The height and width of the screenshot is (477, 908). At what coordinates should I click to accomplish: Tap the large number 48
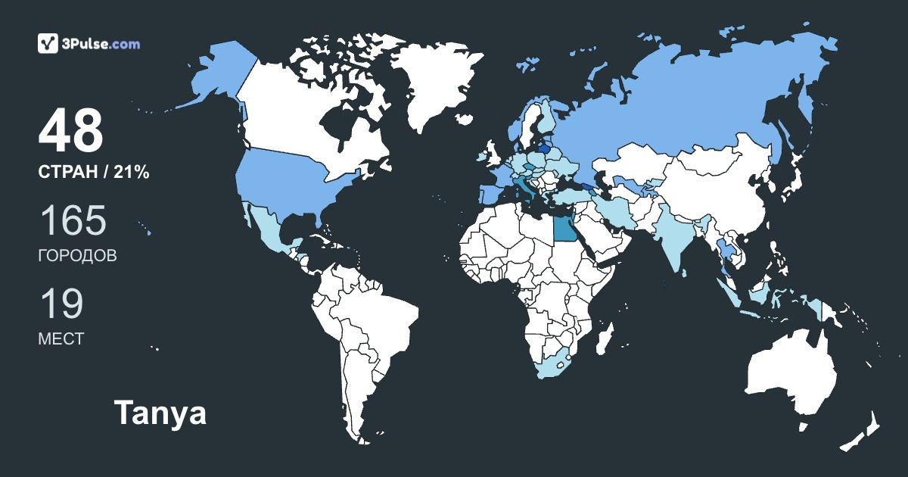tap(70, 132)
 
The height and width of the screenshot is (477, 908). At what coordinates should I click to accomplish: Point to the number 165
tap(73, 221)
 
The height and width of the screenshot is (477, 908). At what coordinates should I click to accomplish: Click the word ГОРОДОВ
tap(77, 256)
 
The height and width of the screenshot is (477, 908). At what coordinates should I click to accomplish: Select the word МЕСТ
tap(61, 339)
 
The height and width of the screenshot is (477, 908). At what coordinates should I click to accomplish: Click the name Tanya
tap(160, 414)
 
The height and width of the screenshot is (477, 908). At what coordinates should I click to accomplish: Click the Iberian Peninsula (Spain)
tap(487, 193)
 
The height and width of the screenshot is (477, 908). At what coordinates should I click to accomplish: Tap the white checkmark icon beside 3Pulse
tap(48, 43)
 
